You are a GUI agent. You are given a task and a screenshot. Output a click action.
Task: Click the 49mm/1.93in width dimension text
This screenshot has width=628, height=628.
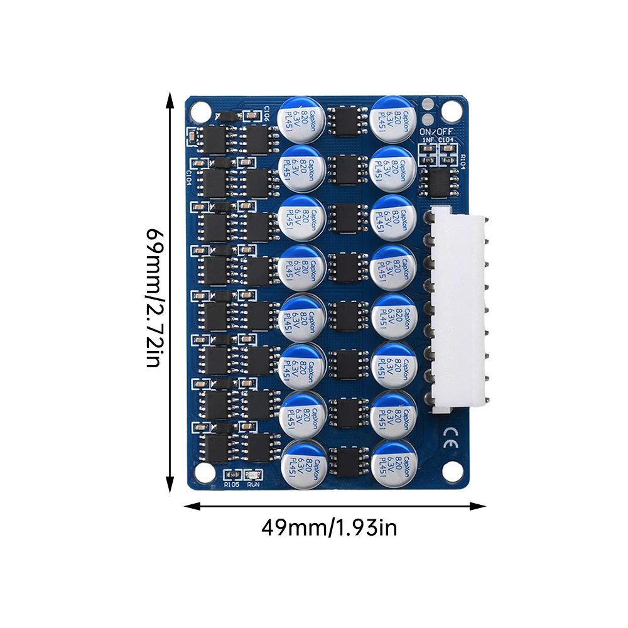click(x=329, y=528)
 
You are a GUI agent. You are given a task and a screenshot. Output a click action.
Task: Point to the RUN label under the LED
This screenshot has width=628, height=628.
click(x=254, y=484)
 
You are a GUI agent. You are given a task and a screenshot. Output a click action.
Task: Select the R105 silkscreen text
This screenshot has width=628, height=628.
click(x=232, y=484)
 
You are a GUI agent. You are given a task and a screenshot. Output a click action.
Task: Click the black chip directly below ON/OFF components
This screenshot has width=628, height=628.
click(x=440, y=182)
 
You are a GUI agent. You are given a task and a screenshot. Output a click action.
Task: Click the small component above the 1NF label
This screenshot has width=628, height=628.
click(x=430, y=150)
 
